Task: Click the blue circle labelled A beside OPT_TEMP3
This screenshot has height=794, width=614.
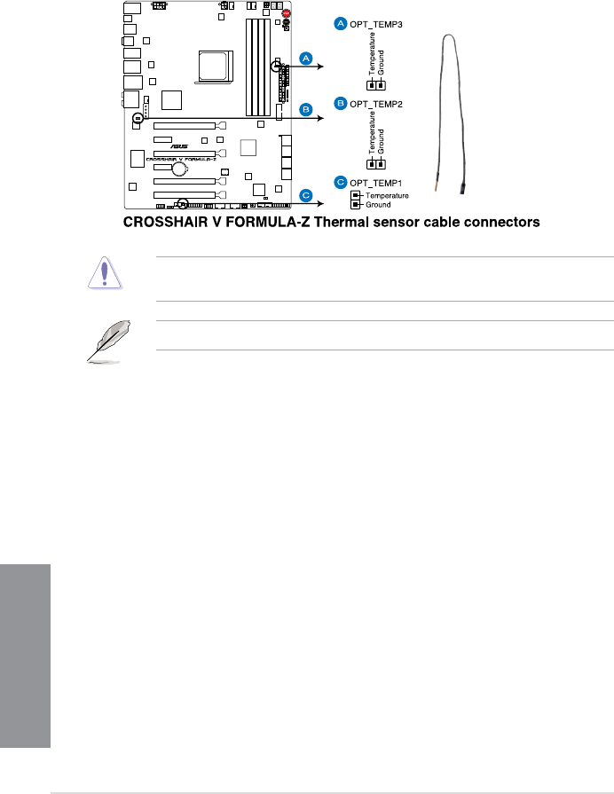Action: [x=339, y=24]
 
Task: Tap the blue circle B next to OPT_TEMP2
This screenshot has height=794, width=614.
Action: [x=339, y=104]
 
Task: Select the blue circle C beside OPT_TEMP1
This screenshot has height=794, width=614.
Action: [x=339, y=182]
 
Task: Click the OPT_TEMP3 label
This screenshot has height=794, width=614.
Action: [x=378, y=24]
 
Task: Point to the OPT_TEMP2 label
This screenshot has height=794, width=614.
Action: [x=378, y=104]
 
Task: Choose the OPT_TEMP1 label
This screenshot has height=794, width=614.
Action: [x=378, y=182]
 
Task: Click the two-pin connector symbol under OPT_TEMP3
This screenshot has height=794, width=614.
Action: [x=376, y=86]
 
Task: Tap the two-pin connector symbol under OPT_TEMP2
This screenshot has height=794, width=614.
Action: [x=376, y=164]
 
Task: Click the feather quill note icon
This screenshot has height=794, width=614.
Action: [x=107, y=341]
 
